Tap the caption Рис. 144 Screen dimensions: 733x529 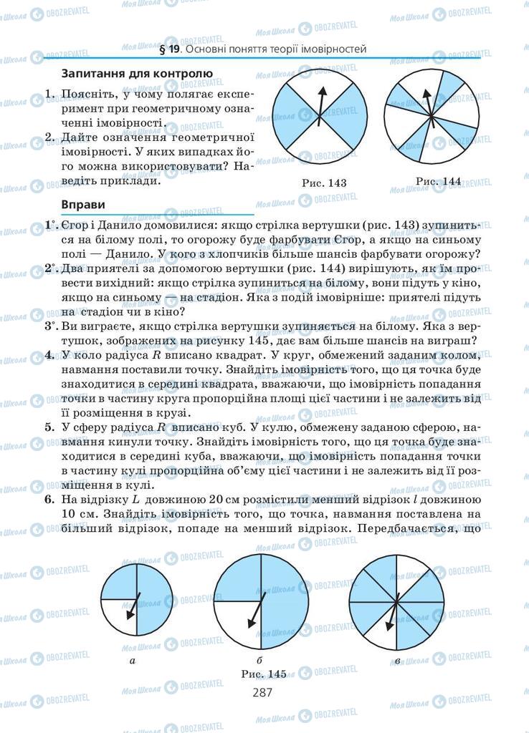coord(437,181)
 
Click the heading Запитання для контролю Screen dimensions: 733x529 coord(137,73)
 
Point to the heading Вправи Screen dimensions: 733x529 coord(85,204)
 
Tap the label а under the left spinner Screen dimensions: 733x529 coord(133,660)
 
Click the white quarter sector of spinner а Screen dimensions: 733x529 coord(118,616)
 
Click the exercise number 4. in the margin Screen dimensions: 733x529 coord(49,355)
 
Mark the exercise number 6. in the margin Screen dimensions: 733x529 coord(49,500)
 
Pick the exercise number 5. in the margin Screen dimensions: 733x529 coord(49,427)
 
